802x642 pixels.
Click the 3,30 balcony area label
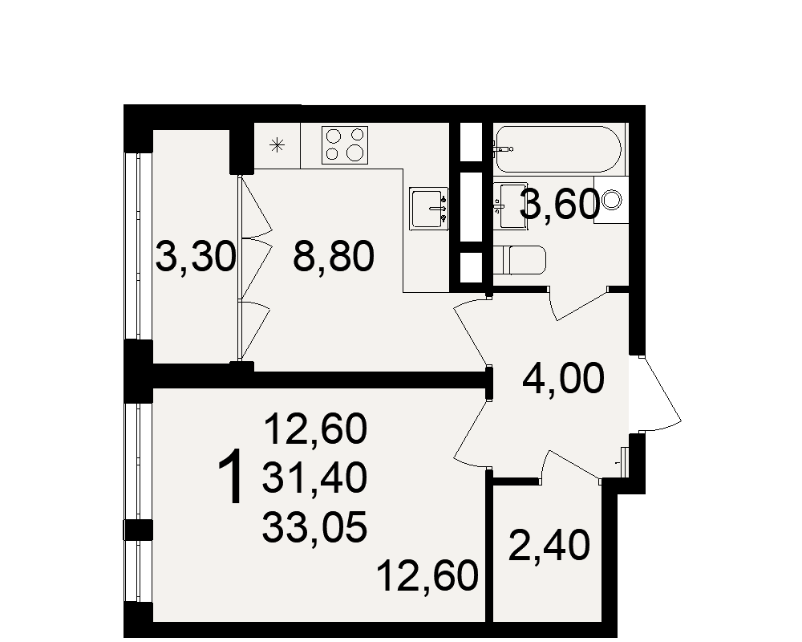(196, 257)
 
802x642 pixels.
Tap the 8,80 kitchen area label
(334, 257)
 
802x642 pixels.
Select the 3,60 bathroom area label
(559, 205)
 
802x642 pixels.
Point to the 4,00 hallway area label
(563, 379)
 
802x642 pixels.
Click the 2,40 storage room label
(549, 545)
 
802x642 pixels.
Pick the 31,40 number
(314, 477)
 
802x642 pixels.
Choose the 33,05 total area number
(314, 527)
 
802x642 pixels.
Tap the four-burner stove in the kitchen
(345, 145)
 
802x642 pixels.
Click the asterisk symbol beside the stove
(277, 145)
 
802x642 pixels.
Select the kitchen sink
(428, 209)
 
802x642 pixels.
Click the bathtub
(558, 149)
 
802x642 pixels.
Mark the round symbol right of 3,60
(611, 199)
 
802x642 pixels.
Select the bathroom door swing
(578, 304)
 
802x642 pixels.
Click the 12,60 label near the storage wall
(427, 576)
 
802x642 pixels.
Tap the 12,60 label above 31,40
(315, 429)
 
